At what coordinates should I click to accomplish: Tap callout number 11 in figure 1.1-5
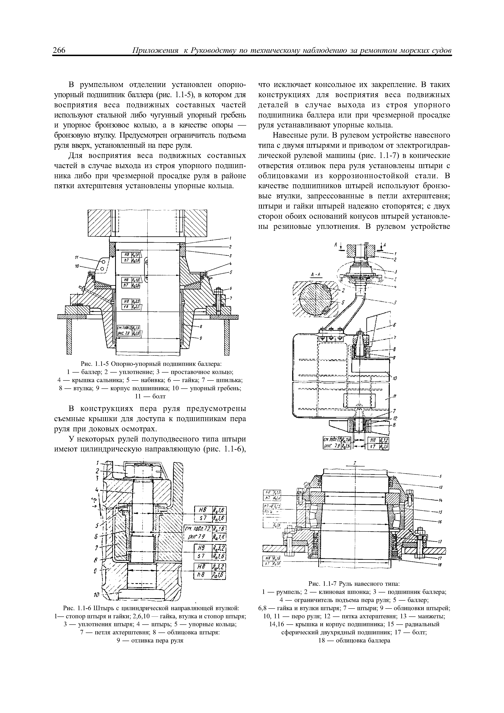coord(76,257)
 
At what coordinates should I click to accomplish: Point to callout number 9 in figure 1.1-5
coord(201,338)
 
